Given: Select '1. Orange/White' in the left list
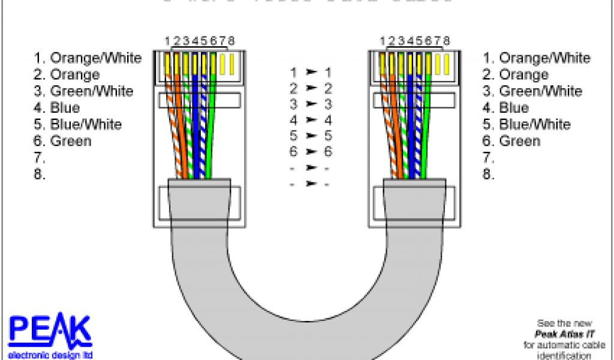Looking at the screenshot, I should pos(88,58).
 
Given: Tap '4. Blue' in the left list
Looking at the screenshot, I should pos(57,108).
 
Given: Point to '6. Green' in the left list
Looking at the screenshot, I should pos(62,142).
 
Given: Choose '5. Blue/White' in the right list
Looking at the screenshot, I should pos(526,125).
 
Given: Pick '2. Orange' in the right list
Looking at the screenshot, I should pos(516,75).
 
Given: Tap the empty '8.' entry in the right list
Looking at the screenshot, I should pos(489,175).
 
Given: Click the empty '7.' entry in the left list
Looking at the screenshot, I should pos(40,158).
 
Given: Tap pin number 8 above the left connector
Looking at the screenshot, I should pos(231,41).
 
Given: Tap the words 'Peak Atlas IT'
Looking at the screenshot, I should pos(559,334).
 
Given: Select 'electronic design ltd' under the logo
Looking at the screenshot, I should pos(50,355).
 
